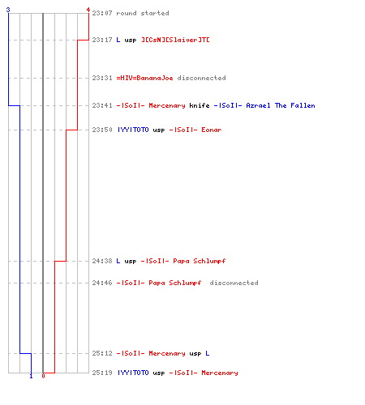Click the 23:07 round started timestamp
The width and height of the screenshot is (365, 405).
point(102,13)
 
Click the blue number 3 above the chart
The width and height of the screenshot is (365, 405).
point(8,10)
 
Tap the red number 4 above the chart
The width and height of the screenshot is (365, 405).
point(88,10)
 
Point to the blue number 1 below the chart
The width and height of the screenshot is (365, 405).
point(31,376)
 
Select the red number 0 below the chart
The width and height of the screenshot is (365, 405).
point(43,376)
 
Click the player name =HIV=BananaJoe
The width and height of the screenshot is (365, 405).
point(144,78)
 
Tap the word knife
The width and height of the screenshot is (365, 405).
point(200,105)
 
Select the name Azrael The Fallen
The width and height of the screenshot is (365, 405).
point(281,105)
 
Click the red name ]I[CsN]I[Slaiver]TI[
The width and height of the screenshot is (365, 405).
point(175,40)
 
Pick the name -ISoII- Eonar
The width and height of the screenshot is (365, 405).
point(195,130)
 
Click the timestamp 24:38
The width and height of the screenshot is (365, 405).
point(102,261)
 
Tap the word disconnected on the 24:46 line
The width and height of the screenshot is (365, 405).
point(234,283)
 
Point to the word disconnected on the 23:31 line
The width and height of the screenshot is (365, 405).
point(201,78)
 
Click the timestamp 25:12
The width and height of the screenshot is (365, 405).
point(102,353)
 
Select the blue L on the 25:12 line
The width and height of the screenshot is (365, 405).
point(208,353)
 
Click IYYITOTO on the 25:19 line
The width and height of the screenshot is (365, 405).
point(133,373)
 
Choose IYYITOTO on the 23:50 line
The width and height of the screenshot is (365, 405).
point(133,130)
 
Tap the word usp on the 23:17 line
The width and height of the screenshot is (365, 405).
point(131,40)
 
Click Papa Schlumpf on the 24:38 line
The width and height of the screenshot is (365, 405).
point(200,261)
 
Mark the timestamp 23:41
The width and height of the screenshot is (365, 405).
point(102,105)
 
